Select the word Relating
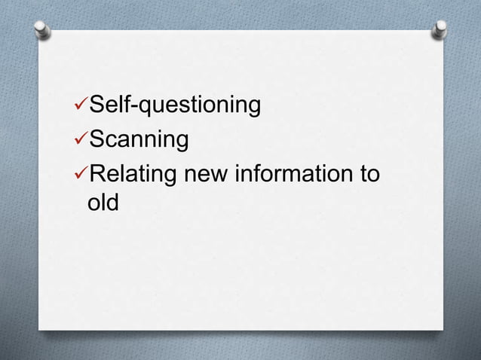pyautogui.click(x=133, y=174)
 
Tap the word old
pyautogui.click(x=103, y=203)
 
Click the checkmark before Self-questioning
pyautogui.click(x=81, y=106)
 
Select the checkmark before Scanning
pyautogui.click(x=81, y=139)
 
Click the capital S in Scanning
pyautogui.click(x=97, y=140)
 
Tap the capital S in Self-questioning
pyautogui.click(x=97, y=106)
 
